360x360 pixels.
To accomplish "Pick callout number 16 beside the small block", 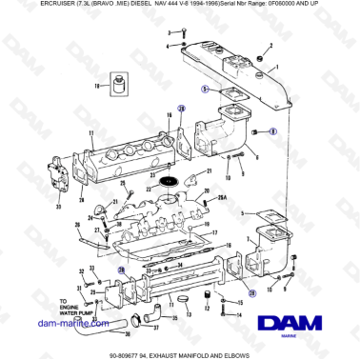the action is [96, 85].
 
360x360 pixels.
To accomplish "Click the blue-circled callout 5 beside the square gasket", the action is [204, 88].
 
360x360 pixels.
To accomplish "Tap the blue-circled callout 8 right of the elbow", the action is [273, 130].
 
